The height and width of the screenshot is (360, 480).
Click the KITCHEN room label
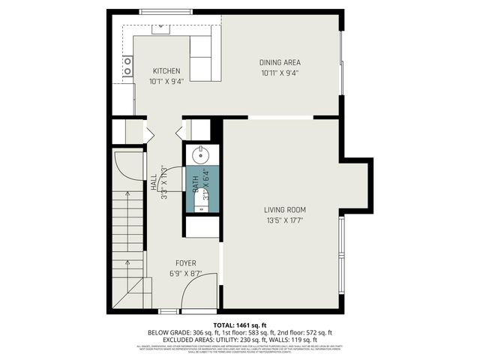coord(166,71)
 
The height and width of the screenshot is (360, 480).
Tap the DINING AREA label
coord(280,63)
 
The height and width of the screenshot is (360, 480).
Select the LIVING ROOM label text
coord(285,209)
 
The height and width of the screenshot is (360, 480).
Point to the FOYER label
coord(186,263)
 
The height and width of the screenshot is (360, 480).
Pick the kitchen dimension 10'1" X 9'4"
coord(166,81)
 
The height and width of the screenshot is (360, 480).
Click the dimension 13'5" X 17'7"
coord(285,220)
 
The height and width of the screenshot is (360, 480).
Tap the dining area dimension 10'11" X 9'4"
coord(280,73)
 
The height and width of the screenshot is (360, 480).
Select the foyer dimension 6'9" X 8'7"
coord(186,274)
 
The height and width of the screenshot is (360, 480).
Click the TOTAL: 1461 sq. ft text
coord(239,324)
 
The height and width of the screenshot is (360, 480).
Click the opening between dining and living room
coord(280,118)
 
